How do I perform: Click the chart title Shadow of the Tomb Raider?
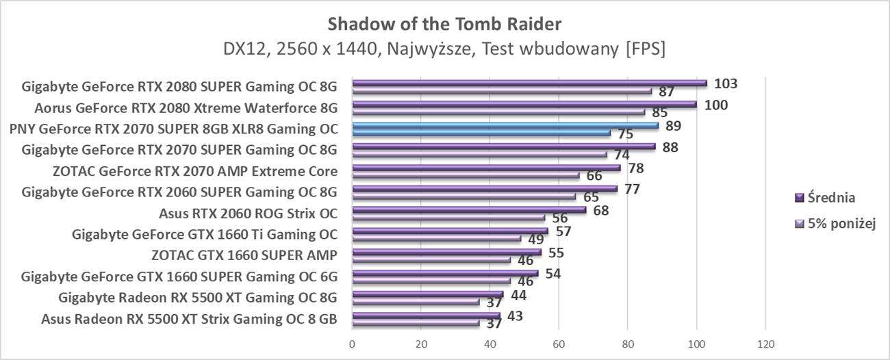click(444, 24)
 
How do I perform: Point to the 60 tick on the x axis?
click(559, 344)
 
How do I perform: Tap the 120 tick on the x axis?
click(765, 344)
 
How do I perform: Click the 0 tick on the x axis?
click(352, 344)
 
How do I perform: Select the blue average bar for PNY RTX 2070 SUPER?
click(505, 125)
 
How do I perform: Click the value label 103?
click(725, 84)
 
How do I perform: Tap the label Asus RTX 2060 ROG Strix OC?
click(248, 213)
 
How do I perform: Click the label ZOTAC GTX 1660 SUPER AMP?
click(244, 255)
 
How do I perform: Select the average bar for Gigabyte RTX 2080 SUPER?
click(529, 83)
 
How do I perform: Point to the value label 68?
click(600, 210)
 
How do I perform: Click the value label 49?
click(535, 240)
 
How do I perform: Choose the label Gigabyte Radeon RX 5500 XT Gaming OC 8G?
click(198, 297)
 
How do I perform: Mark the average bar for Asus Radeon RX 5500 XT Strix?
click(425, 316)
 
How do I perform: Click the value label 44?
click(518, 295)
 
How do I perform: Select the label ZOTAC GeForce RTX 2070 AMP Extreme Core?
click(194, 170)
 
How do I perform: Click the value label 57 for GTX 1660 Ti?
click(563, 231)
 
